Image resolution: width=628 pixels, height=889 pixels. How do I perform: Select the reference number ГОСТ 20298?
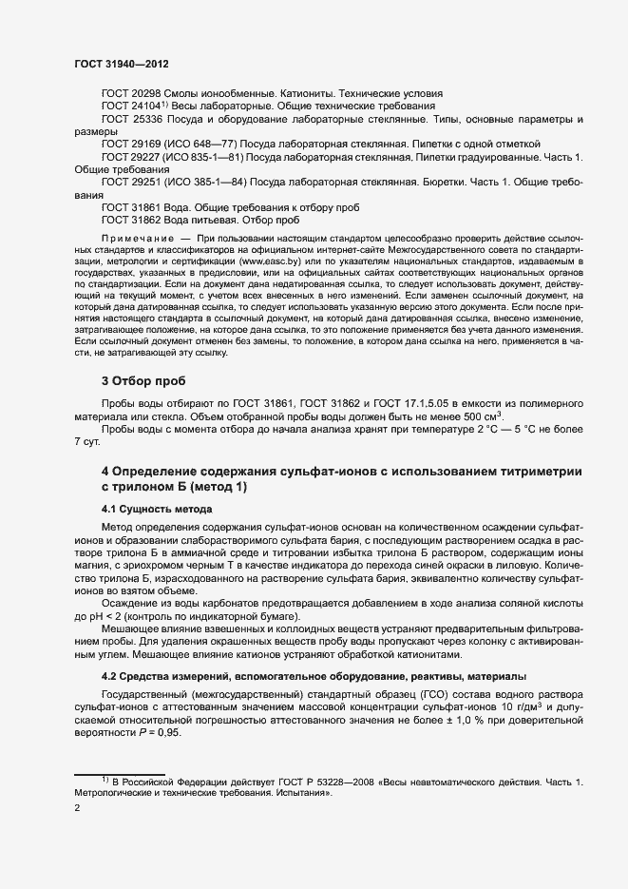tap(132, 93)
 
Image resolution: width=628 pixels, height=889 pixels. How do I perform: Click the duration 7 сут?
tap(87, 441)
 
